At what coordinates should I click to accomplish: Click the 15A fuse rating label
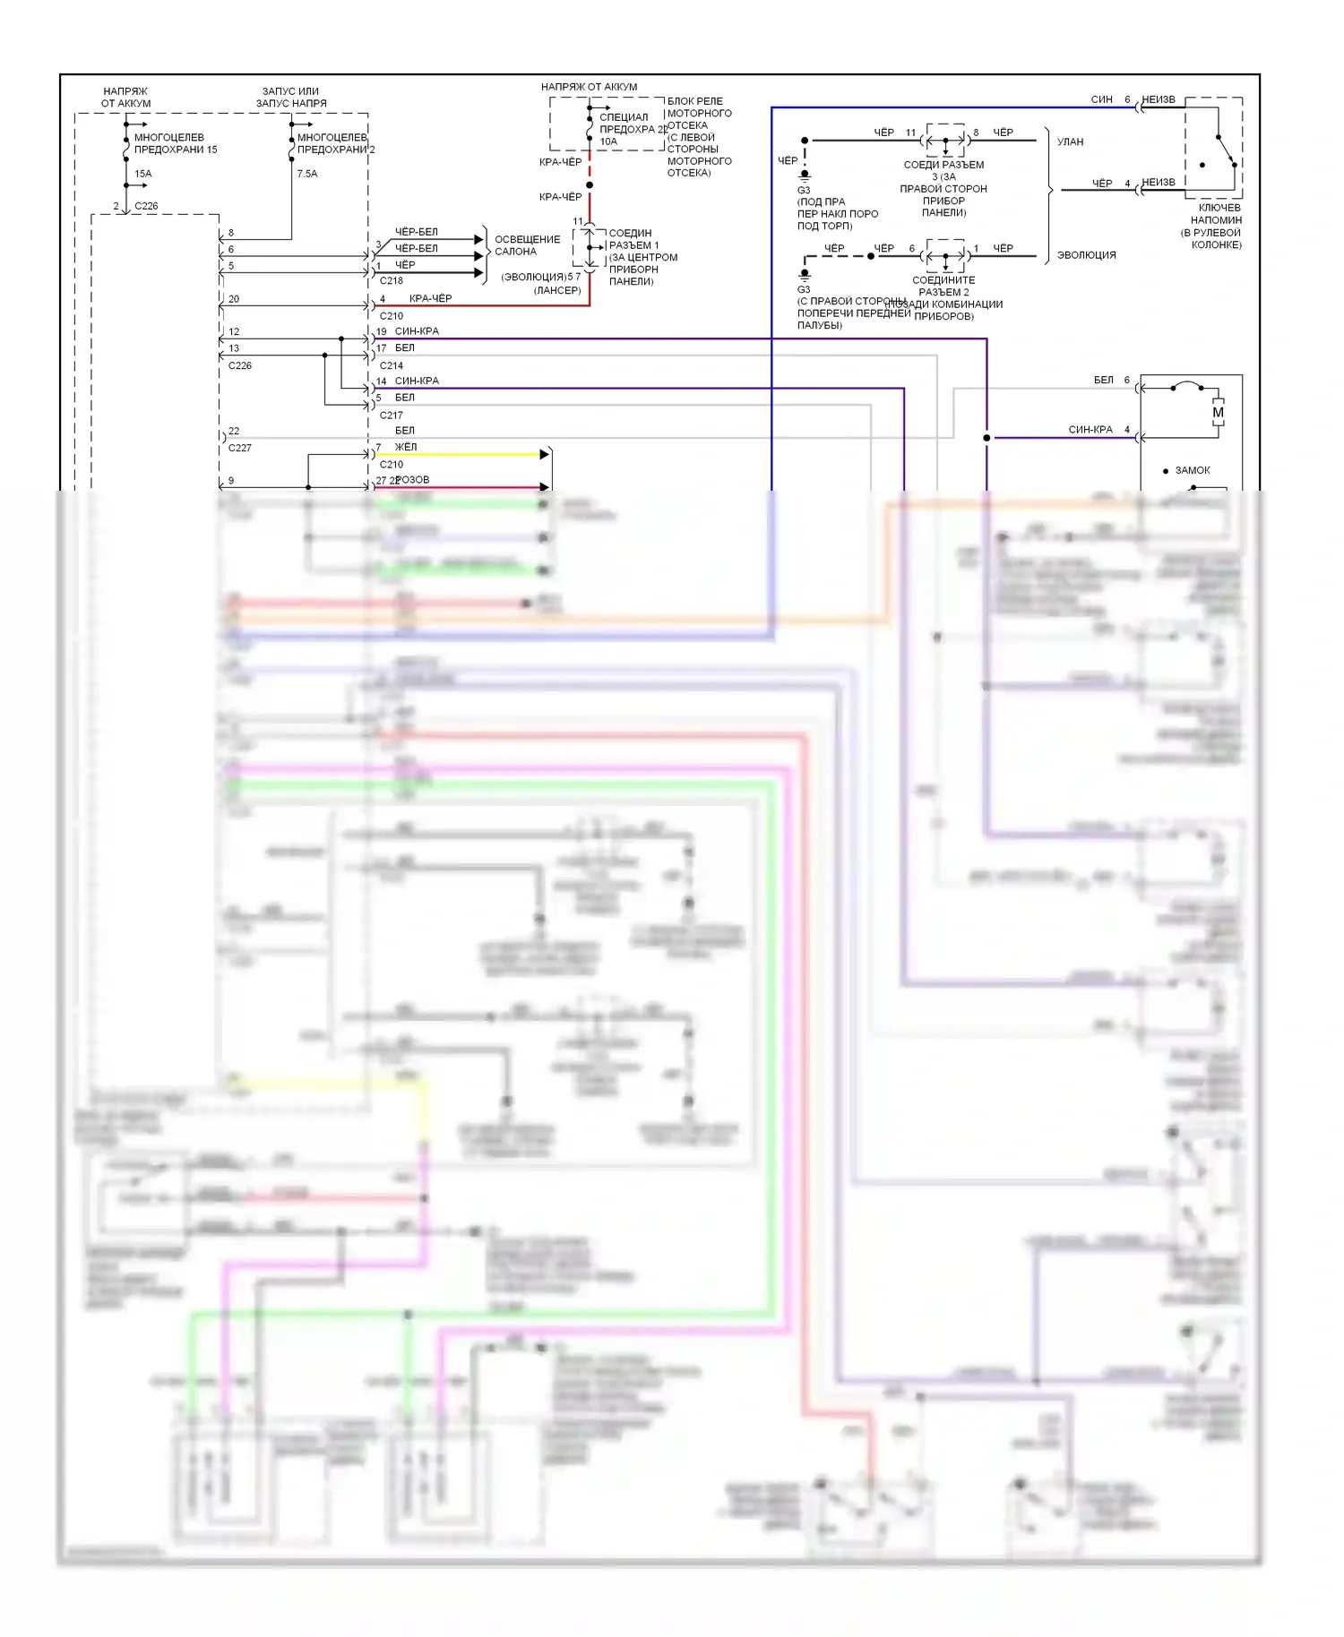click(143, 174)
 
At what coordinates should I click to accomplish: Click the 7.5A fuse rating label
click(307, 174)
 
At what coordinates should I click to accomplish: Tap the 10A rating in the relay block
click(608, 141)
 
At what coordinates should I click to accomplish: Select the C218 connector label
click(392, 280)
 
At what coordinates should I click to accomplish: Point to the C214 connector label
click(392, 365)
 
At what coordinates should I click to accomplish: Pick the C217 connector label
click(392, 416)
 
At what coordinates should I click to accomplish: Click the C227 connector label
click(240, 448)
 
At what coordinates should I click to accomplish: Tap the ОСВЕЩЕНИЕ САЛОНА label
click(527, 245)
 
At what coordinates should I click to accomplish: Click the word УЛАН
click(1070, 141)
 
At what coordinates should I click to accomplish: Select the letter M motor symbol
click(1218, 413)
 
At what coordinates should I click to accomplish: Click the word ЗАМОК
click(1192, 470)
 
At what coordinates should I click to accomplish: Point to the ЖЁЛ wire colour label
click(406, 447)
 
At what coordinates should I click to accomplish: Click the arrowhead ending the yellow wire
click(544, 455)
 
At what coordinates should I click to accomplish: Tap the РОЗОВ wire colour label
click(412, 480)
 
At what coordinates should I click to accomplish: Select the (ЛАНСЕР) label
click(557, 290)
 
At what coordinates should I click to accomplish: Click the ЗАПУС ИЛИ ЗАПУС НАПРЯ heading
click(291, 98)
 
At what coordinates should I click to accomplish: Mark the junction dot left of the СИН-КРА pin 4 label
click(986, 438)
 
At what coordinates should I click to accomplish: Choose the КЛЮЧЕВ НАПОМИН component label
click(1216, 226)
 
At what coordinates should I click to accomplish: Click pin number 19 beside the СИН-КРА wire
click(382, 331)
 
